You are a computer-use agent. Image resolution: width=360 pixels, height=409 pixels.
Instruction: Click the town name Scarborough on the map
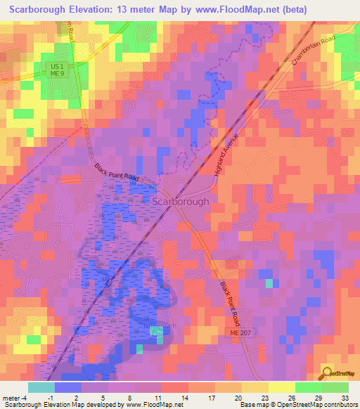tap(180, 201)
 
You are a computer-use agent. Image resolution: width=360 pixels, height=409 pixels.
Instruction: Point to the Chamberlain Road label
tap(310, 51)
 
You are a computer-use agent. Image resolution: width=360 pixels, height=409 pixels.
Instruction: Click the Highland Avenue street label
tap(227, 154)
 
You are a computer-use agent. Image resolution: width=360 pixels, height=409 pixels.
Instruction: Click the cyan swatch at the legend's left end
tap(41, 387)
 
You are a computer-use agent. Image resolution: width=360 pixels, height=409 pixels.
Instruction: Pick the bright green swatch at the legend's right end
tap(335, 387)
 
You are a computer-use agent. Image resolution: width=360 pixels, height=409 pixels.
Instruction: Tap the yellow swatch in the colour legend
tap(281, 387)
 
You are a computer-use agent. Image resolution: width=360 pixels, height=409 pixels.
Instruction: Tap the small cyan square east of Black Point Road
tap(268, 283)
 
